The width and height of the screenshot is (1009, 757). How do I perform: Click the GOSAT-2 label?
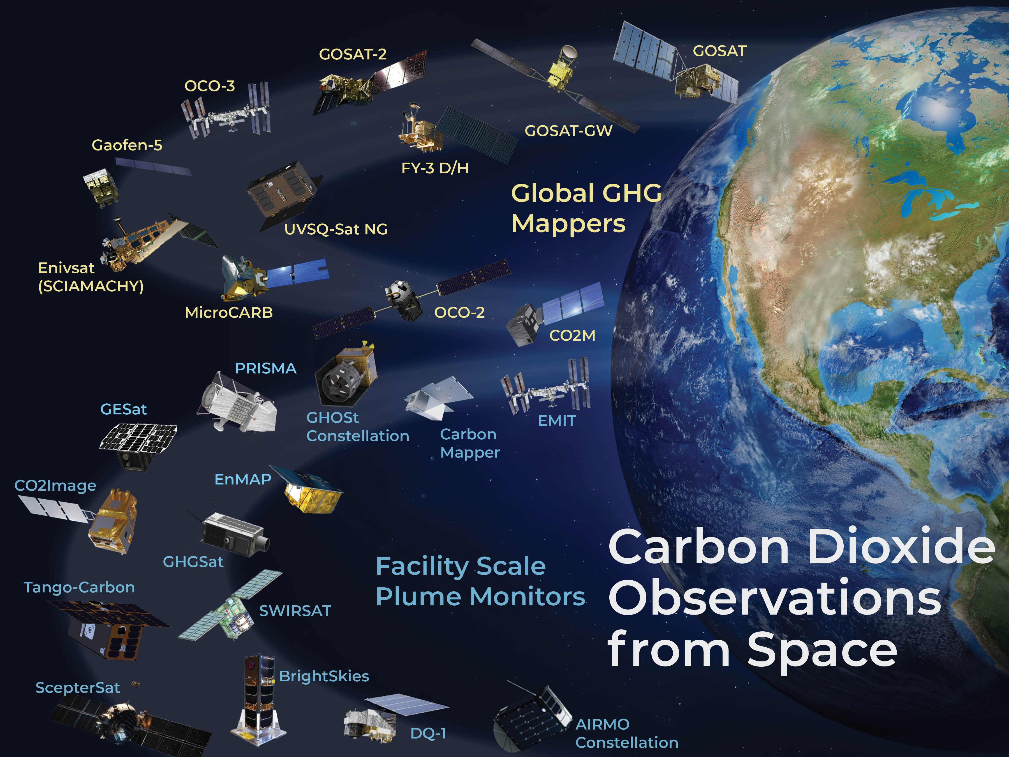click(353, 54)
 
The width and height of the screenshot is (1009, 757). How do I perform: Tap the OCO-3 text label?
click(209, 86)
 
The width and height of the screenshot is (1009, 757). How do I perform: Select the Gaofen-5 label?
click(127, 145)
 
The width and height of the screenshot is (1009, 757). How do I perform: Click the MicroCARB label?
click(228, 313)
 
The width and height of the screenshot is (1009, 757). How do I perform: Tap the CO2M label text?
click(572, 335)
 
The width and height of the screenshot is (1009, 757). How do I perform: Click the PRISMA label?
click(265, 368)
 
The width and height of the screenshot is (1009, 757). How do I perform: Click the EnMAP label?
click(243, 479)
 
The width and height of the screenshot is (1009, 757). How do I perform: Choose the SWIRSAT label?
click(295, 611)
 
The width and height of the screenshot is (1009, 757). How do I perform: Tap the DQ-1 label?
click(428, 733)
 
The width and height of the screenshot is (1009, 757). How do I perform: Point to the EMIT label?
click(557, 421)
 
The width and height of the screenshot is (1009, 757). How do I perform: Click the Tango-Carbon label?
click(79, 588)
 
